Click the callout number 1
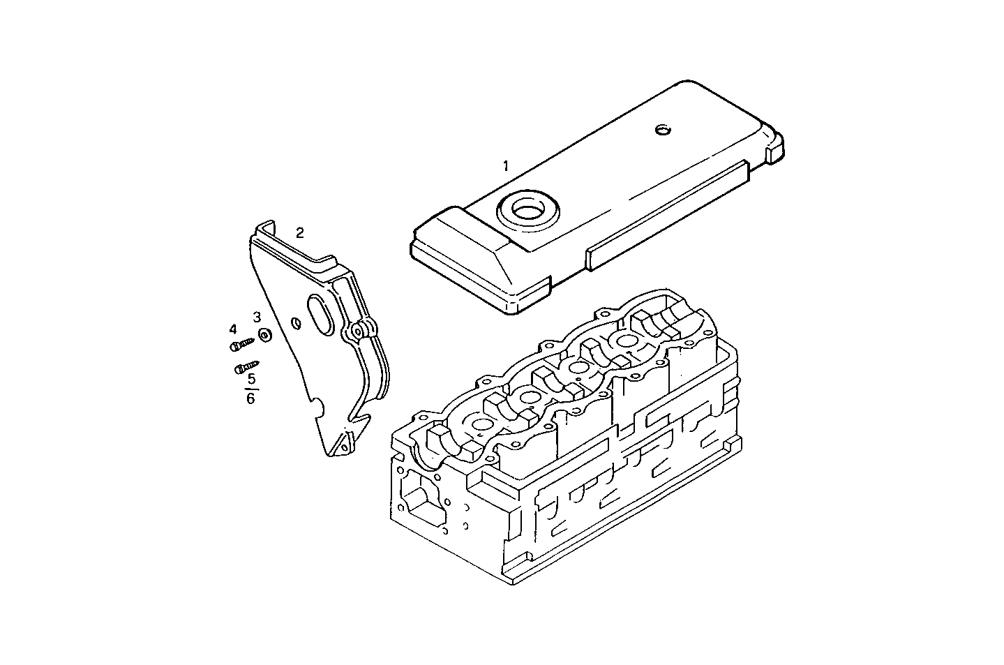[506, 166]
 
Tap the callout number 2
[299, 233]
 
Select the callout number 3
[257, 317]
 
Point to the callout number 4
[233, 329]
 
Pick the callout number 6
[251, 398]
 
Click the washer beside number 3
[265, 336]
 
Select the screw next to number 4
[242, 344]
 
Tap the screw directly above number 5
[246, 366]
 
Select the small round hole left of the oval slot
[296, 322]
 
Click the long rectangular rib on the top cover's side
[666, 214]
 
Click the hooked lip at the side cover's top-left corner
[264, 227]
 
